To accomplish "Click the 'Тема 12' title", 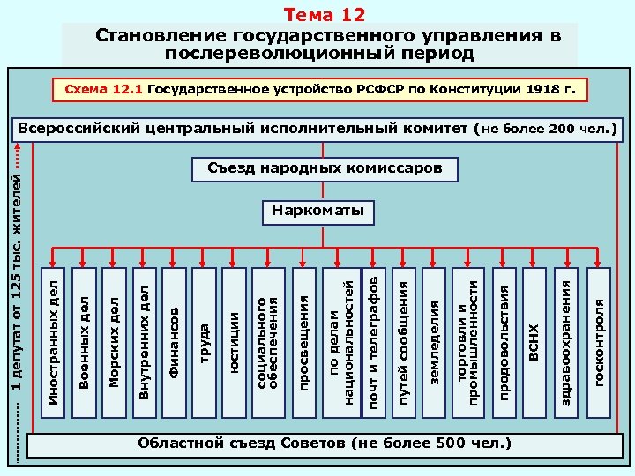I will [x=323, y=15].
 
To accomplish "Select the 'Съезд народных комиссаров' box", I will [x=325, y=167].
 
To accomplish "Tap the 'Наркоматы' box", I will [x=318, y=212].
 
